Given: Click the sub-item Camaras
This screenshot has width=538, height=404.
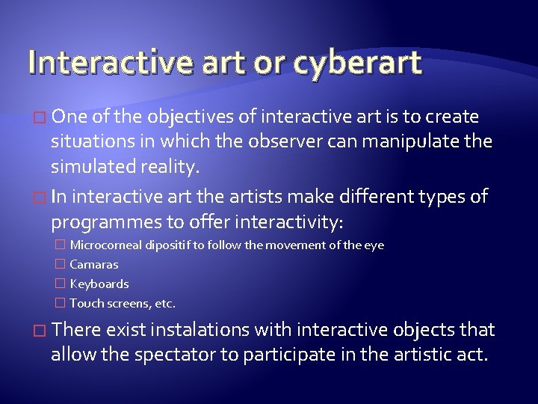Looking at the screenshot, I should pos(94,265).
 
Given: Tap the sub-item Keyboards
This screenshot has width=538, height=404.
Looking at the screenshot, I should pos(99,284).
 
